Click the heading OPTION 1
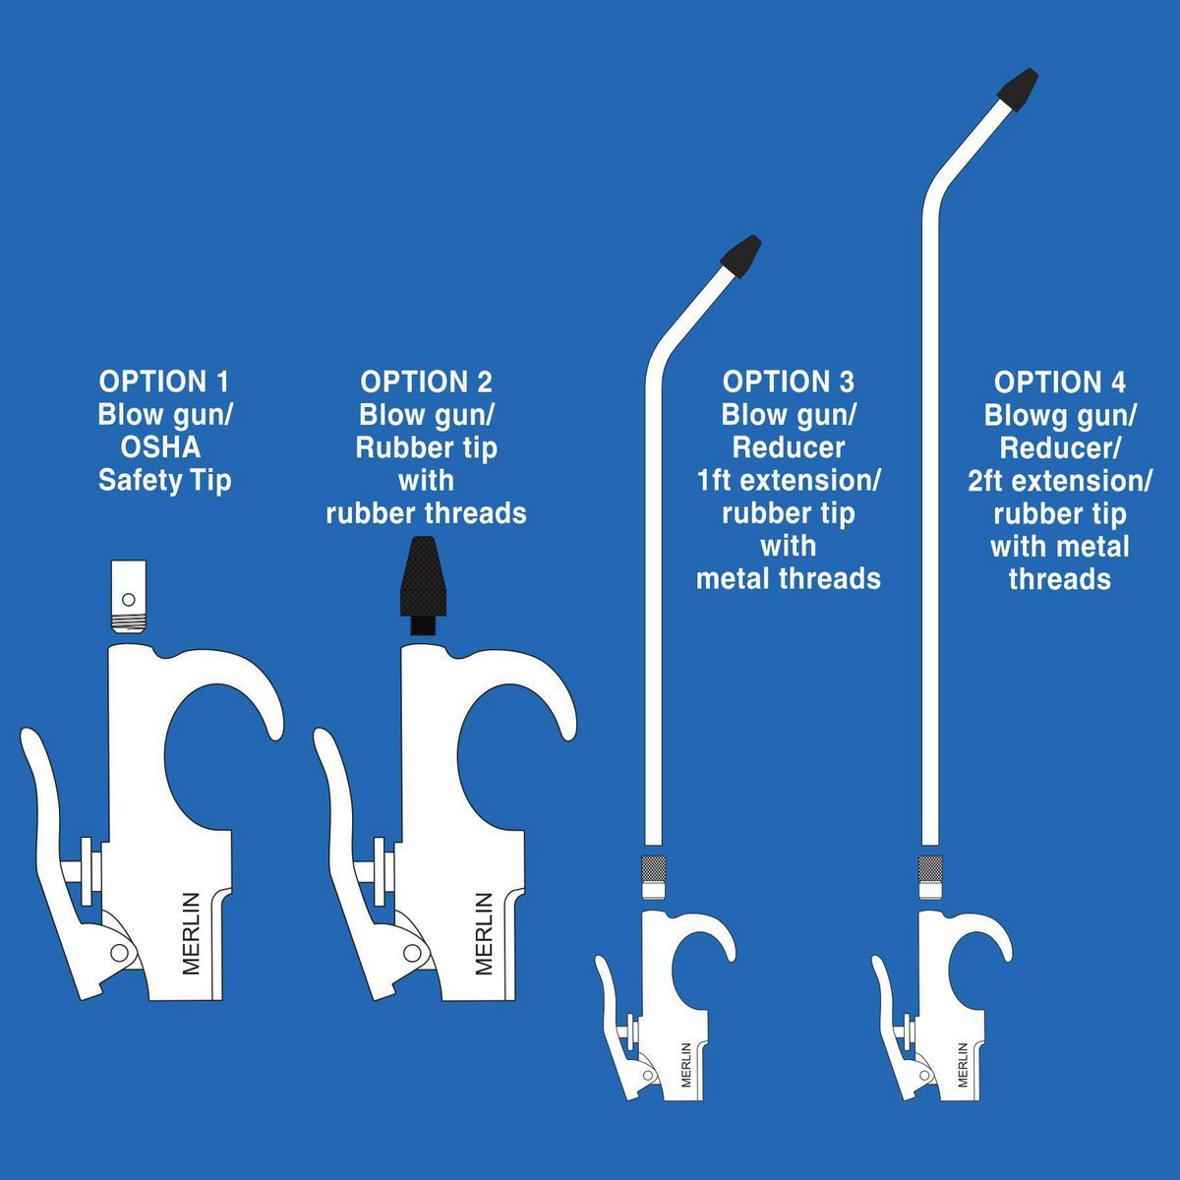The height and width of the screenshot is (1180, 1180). (x=164, y=382)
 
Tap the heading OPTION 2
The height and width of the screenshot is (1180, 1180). (x=426, y=382)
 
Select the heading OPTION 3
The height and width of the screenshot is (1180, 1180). (x=788, y=382)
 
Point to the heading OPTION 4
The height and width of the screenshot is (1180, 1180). (x=1059, y=383)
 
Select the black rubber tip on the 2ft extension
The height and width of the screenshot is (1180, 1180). (x=1018, y=88)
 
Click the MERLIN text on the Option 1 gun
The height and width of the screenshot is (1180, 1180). (x=191, y=932)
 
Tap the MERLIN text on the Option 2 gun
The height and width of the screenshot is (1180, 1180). (x=483, y=932)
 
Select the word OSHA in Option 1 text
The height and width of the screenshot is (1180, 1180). (x=160, y=447)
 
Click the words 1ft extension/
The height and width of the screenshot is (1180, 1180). (x=788, y=481)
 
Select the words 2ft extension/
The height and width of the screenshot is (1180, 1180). (x=1059, y=481)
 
